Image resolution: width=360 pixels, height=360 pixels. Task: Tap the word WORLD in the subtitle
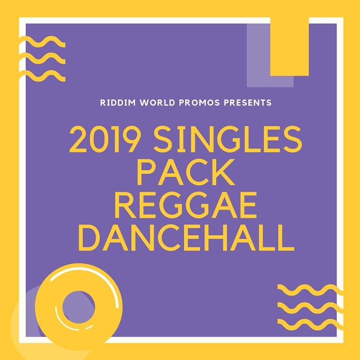[157, 102]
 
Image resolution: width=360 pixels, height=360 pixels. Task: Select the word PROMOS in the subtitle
[199, 102]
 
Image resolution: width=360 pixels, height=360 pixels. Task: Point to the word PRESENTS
[247, 102]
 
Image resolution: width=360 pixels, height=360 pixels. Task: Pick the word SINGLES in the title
[228, 139]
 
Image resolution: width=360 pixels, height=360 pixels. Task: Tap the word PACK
[186, 172]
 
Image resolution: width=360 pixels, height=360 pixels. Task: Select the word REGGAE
[186, 205]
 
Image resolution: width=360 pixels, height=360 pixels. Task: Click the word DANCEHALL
[186, 238]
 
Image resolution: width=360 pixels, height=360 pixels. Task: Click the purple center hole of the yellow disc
[79, 307]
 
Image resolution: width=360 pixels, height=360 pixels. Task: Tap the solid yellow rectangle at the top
[289, 47]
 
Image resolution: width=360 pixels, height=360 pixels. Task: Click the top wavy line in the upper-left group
[42, 42]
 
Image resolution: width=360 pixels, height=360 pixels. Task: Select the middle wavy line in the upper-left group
[42, 59]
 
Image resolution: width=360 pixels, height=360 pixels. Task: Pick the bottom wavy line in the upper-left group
[42, 76]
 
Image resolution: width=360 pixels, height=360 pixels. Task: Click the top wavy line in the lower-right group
[310, 290]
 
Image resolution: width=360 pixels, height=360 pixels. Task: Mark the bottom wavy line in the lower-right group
[310, 324]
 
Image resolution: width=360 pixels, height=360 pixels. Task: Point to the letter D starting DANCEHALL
[88, 238]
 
